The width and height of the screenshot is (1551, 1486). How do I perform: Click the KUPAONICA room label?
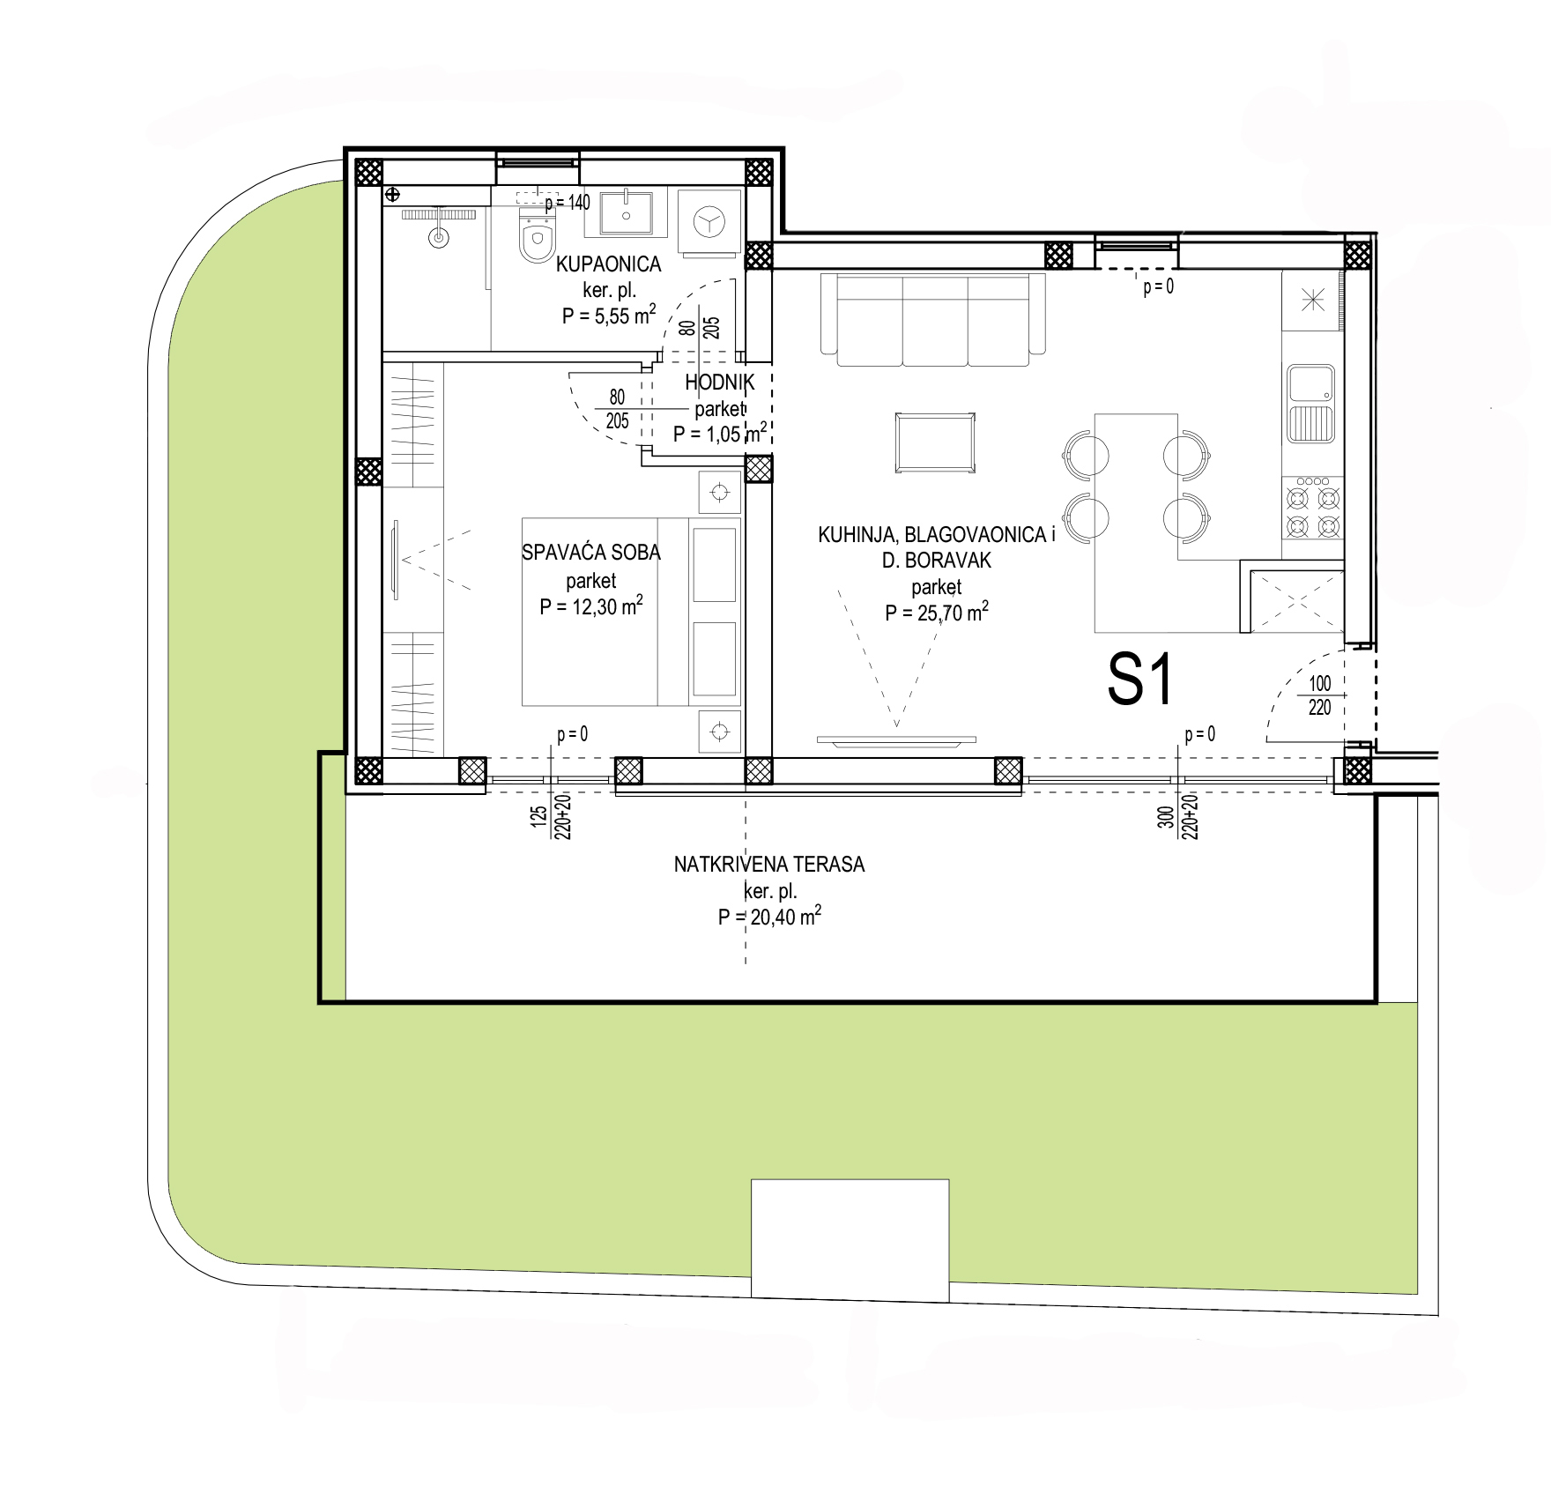608,264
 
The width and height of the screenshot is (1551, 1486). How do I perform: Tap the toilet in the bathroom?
537,236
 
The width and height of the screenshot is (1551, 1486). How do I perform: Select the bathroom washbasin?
627,212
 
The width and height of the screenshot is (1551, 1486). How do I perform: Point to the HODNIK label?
720,382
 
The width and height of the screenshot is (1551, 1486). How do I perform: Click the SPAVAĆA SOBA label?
591,553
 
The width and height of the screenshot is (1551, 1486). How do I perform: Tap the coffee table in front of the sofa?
935,442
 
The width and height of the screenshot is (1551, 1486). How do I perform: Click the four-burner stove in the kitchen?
1313,509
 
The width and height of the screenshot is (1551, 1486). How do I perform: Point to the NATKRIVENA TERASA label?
769,865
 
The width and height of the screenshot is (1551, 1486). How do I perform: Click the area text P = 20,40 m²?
769,917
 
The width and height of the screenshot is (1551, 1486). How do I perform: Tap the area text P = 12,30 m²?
591,606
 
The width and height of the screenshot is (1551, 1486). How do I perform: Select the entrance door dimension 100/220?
1319,695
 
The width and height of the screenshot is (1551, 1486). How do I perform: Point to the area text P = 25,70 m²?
937,612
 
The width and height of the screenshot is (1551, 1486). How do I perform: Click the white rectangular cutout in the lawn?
850,1237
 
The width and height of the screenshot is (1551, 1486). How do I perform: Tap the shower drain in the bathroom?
437,236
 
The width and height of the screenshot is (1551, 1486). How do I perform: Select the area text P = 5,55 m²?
608,316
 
